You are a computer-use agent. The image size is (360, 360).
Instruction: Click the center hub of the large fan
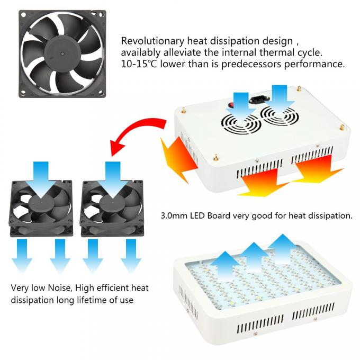(x=62, y=53)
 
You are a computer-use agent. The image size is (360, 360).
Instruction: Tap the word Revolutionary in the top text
(x=152, y=41)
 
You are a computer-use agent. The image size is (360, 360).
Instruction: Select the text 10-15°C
(x=139, y=64)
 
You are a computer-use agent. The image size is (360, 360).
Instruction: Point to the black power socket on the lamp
(x=260, y=100)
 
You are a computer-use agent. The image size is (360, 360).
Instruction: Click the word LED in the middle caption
(x=197, y=216)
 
